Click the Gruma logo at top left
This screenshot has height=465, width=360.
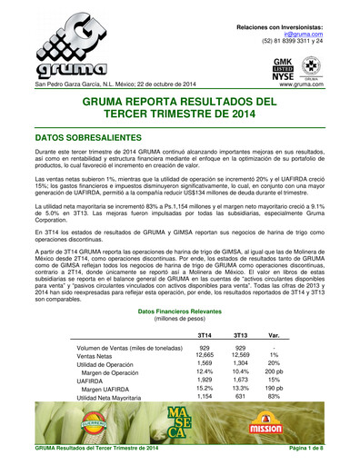(x=64, y=46)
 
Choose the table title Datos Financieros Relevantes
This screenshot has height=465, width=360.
(x=179, y=311)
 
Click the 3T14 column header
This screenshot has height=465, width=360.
(x=205, y=335)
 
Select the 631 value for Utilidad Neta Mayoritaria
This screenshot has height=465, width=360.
(x=241, y=397)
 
